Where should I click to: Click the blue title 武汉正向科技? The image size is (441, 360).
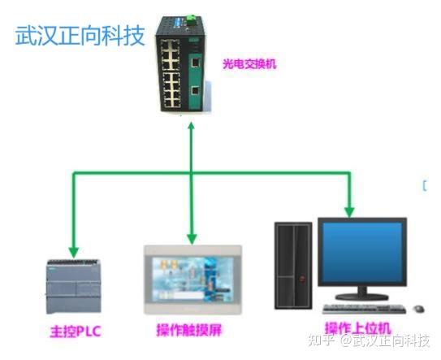pyautogui.click(x=80, y=36)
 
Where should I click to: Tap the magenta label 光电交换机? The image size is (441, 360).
pyautogui.click(x=250, y=64)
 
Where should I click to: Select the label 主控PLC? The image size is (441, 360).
pyautogui.click(x=76, y=331)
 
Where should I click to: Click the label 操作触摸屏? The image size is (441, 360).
pyautogui.click(x=189, y=330)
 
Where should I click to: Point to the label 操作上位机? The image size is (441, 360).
pyautogui.click(x=358, y=328)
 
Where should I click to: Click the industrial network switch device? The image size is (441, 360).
pyautogui.click(x=181, y=63)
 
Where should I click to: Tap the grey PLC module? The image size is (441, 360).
pyautogui.click(x=73, y=286)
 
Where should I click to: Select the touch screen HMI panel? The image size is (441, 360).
pyautogui.click(x=193, y=280)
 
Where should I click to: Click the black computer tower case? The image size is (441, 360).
pyautogui.click(x=293, y=266)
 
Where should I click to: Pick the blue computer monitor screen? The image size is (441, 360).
pyautogui.click(x=362, y=252)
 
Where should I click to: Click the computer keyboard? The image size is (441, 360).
pyautogui.click(x=364, y=309)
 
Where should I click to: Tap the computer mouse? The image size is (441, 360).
pyautogui.click(x=419, y=309)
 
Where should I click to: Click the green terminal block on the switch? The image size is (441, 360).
pyautogui.click(x=192, y=20)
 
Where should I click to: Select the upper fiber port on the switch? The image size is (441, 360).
pyautogui.click(x=195, y=62)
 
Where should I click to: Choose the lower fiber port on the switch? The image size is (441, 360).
pyautogui.click(x=195, y=90)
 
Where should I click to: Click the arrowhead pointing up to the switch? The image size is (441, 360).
pyautogui.click(x=191, y=125)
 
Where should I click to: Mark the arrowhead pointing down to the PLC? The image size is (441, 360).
pyautogui.click(x=74, y=252)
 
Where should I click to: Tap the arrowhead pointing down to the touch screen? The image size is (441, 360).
pyautogui.click(x=192, y=239)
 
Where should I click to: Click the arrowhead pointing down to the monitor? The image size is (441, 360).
pyautogui.click(x=349, y=213)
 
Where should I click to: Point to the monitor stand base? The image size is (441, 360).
pyautogui.click(x=362, y=297)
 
